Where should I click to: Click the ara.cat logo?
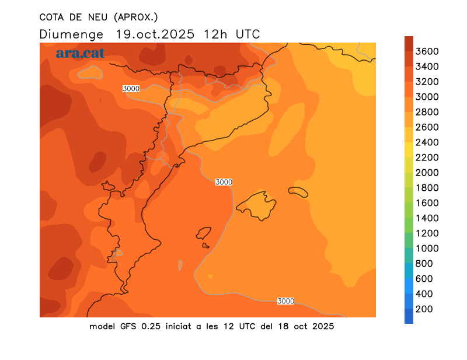pyautogui.click(x=80, y=53)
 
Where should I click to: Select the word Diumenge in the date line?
pyautogui.click(x=71, y=34)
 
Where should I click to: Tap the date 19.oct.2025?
pyautogui.click(x=156, y=34)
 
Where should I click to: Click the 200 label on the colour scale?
pyautogui.click(x=424, y=309)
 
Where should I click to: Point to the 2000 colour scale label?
pyautogui.click(x=427, y=172)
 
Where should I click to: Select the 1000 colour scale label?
pyautogui.click(x=427, y=248)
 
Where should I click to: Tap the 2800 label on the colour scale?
pyautogui.click(x=427, y=111)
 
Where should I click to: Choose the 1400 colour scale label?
pyautogui.click(x=427, y=218)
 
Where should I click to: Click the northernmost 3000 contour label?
pyautogui.click(x=131, y=89)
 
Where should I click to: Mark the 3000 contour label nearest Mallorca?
pyautogui.click(x=224, y=182)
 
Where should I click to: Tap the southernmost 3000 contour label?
pyautogui.click(x=285, y=301)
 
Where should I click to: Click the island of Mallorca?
pyautogui.click(x=257, y=205)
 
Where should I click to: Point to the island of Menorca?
pyautogui.click(x=298, y=191)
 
